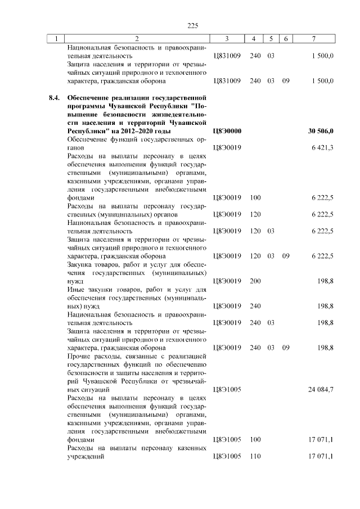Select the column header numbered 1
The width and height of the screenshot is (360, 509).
(56, 38)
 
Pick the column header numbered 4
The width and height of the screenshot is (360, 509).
(254, 38)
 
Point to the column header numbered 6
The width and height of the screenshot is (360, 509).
(286, 38)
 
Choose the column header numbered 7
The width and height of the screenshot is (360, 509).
(314, 38)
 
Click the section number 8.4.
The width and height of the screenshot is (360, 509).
(54, 97)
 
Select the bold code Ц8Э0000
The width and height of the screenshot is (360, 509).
(227, 130)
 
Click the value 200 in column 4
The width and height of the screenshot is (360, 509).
(255, 280)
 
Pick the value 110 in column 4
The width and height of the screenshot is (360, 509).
(255, 456)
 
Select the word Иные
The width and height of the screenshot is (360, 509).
(76, 289)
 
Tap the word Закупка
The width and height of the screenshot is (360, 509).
(81, 264)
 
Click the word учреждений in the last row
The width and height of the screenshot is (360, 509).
(87, 456)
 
